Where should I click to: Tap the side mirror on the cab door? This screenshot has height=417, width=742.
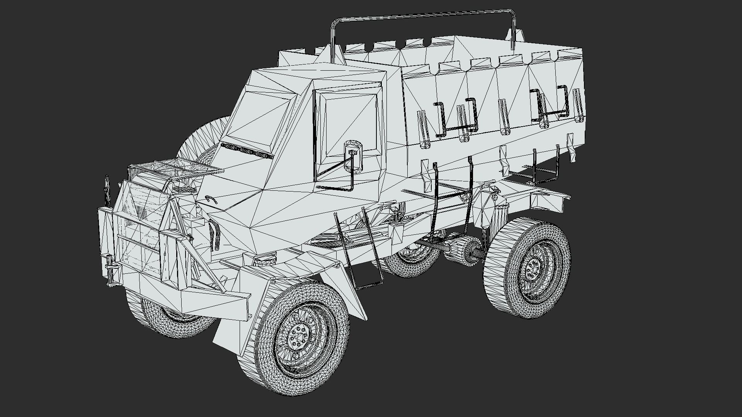353,156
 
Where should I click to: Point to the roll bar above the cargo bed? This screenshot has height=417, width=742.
425,15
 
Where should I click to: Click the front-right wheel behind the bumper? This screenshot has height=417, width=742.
170,317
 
